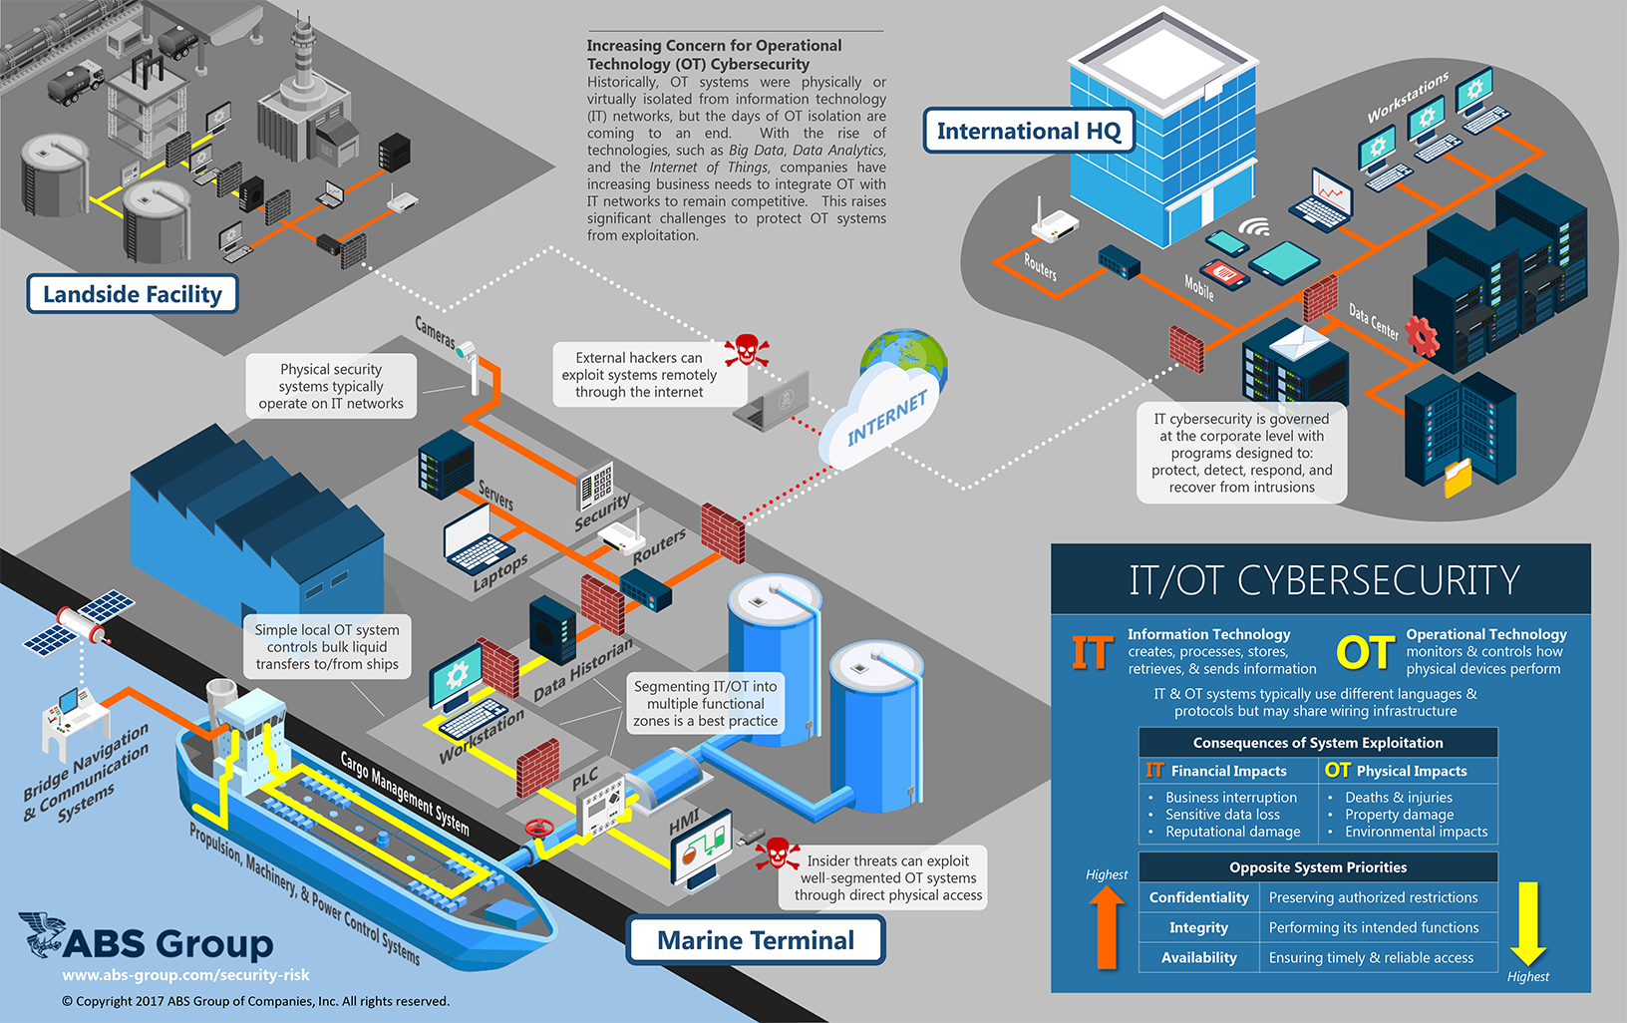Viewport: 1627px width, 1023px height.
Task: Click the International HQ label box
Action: tap(1028, 131)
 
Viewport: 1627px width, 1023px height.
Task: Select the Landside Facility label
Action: tap(132, 294)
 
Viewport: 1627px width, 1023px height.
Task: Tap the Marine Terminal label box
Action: tap(756, 940)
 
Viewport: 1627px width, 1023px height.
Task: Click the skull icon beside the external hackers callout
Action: tap(746, 351)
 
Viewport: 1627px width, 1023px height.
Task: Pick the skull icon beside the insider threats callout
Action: tap(777, 854)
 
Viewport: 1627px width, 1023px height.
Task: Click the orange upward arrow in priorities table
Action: tap(1107, 927)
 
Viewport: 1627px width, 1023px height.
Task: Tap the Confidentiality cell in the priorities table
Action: tap(1198, 897)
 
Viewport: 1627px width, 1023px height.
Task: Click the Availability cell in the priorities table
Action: tap(1198, 957)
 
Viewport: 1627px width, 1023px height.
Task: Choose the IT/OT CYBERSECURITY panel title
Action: tap(1324, 580)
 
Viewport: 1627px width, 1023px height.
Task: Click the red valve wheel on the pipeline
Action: tap(539, 828)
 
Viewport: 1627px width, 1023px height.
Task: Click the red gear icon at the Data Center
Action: tap(1422, 336)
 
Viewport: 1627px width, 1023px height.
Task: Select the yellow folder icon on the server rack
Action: tap(1458, 477)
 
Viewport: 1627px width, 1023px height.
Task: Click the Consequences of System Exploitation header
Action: tap(1318, 743)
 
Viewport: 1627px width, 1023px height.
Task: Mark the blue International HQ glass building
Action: tap(1161, 140)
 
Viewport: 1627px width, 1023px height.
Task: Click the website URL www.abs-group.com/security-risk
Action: tap(185, 975)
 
